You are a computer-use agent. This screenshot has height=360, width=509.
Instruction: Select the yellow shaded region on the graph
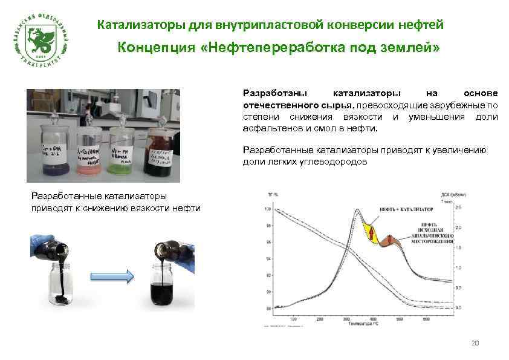(x=370, y=233)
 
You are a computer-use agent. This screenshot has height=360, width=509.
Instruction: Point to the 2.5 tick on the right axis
(x=458, y=208)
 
